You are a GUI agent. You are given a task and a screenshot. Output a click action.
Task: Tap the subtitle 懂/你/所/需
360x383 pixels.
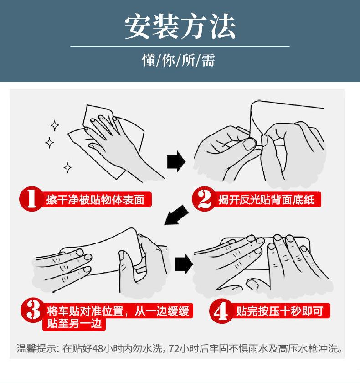tap(179, 60)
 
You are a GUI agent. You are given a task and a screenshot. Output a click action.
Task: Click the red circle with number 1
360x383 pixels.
tap(31, 199)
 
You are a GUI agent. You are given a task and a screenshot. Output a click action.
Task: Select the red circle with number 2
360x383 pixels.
tap(204, 199)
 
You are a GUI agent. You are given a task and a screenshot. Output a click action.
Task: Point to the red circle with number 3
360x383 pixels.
tap(32, 310)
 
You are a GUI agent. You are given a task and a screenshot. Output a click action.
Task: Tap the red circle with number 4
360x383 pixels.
tap(221, 310)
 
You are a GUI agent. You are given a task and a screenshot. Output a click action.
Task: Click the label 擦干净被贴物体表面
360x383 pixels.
tap(95, 200)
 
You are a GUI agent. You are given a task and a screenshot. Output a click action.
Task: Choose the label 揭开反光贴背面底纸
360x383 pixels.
tap(266, 200)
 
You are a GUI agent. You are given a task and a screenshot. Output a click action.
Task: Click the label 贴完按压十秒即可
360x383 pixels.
tap(280, 311)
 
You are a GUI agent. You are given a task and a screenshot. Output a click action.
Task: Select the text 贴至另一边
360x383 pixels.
tap(74, 323)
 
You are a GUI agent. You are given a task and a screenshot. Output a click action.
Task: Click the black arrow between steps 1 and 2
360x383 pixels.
tap(176, 161)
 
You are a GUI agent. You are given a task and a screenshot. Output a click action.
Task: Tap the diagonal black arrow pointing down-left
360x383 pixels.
tap(176, 215)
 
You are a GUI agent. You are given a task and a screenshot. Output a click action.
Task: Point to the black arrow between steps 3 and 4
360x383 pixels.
tap(184, 264)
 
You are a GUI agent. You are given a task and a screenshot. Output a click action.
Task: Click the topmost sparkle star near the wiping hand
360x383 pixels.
tap(55, 125)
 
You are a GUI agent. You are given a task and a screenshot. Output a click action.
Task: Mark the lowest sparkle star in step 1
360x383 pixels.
tap(67, 168)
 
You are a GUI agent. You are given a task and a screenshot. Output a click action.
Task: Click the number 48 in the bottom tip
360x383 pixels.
tap(98, 348)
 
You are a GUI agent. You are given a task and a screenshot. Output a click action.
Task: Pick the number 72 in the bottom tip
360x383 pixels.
tap(174, 348)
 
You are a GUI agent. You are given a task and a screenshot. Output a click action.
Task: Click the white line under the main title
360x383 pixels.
tap(180, 46)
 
